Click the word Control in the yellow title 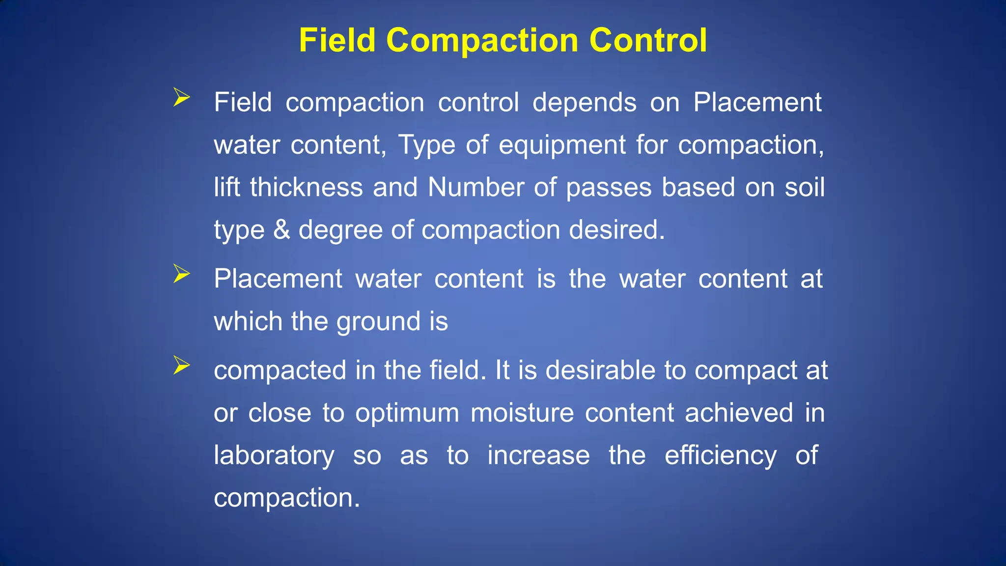point(648,40)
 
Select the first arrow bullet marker point(181,97)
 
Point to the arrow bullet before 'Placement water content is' point(181,274)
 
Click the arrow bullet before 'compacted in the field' point(181,365)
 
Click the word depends point(584,103)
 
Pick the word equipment point(562,145)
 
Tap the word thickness point(306,188)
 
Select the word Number point(475,188)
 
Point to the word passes point(609,189)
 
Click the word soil point(805,188)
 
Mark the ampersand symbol point(281,230)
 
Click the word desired point(616,230)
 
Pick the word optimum point(407,414)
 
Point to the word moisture point(522,413)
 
